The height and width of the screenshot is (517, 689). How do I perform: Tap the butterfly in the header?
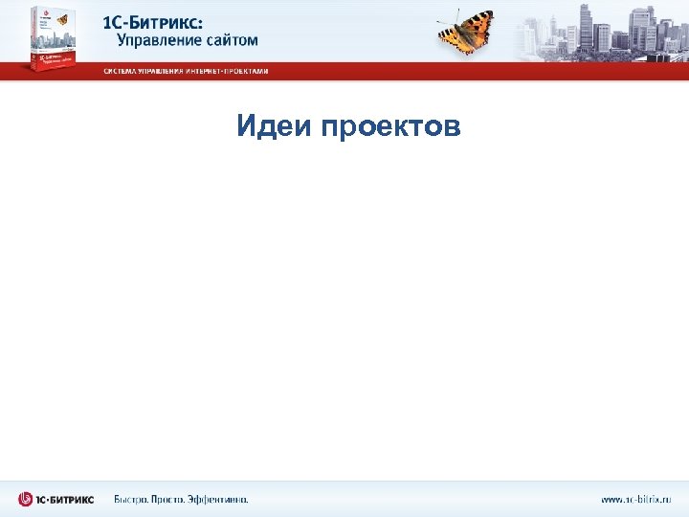[x=466, y=33]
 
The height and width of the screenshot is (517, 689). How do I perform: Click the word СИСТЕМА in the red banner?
[x=120, y=72]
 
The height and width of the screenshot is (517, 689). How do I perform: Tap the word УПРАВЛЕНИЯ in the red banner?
[x=165, y=72]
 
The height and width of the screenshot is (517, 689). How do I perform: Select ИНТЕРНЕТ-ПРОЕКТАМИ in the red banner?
[x=232, y=72]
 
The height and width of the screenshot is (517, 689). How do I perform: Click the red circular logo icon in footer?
[x=27, y=499]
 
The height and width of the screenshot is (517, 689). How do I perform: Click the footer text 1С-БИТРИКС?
[x=67, y=499]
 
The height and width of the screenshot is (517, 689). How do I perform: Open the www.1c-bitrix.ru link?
[x=636, y=499]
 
